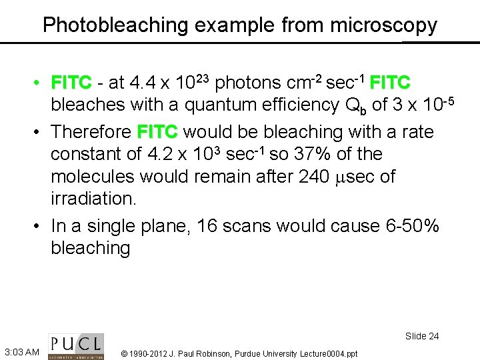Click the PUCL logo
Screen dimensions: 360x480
(x=75, y=345)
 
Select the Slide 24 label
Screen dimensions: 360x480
(x=422, y=336)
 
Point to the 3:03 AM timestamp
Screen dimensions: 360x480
(x=21, y=351)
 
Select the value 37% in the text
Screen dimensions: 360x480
(x=313, y=154)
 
